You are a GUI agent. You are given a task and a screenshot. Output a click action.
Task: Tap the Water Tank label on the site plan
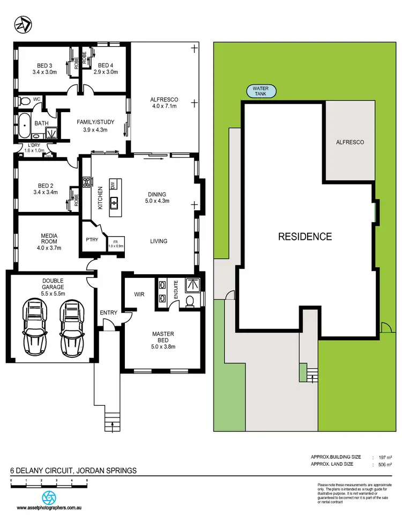pos(261,91)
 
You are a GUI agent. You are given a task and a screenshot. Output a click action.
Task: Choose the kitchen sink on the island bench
pos(114,202)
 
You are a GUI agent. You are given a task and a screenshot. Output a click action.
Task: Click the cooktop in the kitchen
pos(86,182)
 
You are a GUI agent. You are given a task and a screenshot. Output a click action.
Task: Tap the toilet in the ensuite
pos(189,302)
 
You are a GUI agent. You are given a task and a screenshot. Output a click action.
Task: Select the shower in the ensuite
pos(191,284)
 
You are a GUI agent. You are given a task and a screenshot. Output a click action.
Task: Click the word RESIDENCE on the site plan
pos(304,236)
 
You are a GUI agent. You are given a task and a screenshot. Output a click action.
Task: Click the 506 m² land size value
pos(385,464)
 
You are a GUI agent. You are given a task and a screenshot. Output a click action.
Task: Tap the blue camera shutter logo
pos(49,496)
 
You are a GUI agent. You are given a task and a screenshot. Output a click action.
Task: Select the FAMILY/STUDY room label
pos(95,126)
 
